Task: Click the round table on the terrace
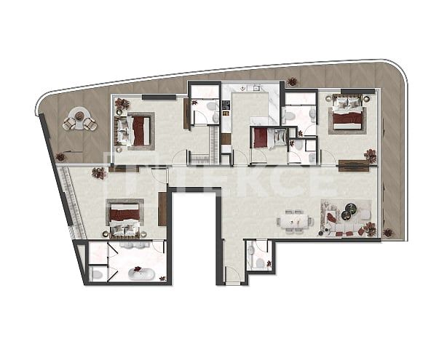click(x=79, y=121)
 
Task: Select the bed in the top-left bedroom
click(x=138, y=131)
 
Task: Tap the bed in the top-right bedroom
click(x=348, y=117)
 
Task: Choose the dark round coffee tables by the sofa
click(x=350, y=212)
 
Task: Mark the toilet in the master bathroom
click(x=98, y=273)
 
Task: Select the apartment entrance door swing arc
click(x=232, y=274)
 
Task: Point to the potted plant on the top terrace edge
click(x=293, y=81)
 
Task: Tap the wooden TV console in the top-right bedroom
click(x=354, y=164)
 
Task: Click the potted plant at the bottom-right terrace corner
click(x=388, y=233)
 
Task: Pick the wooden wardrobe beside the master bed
click(x=162, y=209)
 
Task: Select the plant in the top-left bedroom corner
click(x=122, y=104)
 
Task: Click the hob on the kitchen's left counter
click(x=226, y=107)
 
